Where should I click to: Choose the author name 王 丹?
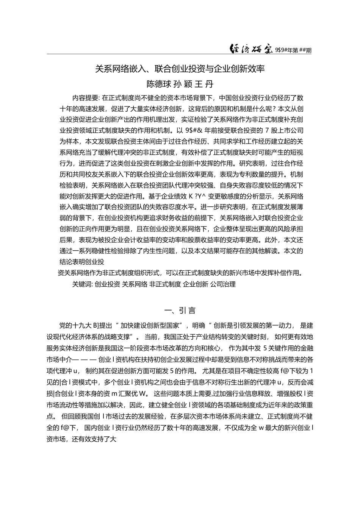207,83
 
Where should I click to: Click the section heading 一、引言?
180,311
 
